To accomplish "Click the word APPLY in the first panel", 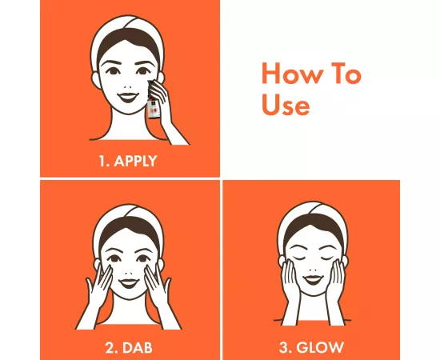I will click(x=134, y=160).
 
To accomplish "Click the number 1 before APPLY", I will click(x=102, y=160).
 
